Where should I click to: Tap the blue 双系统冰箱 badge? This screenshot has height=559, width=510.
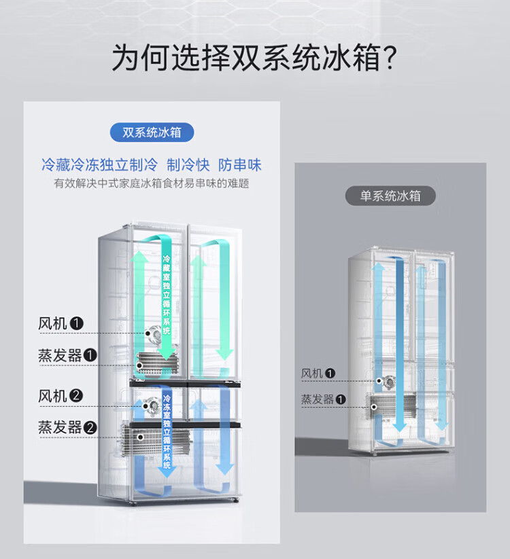(152, 132)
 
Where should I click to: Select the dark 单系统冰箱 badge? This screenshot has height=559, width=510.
(390, 196)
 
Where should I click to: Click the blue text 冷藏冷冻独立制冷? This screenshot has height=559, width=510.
(99, 165)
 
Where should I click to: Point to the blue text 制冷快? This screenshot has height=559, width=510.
(188, 165)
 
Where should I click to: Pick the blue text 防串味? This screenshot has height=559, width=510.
(240, 165)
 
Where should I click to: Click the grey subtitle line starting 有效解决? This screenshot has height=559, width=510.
(151, 183)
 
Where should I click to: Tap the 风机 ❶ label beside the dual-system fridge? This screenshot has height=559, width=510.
(61, 324)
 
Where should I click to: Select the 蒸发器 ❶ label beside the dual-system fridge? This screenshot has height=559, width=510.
(67, 355)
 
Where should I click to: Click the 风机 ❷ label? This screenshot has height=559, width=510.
(61, 395)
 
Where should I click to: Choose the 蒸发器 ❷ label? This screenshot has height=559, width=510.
(67, 427)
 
